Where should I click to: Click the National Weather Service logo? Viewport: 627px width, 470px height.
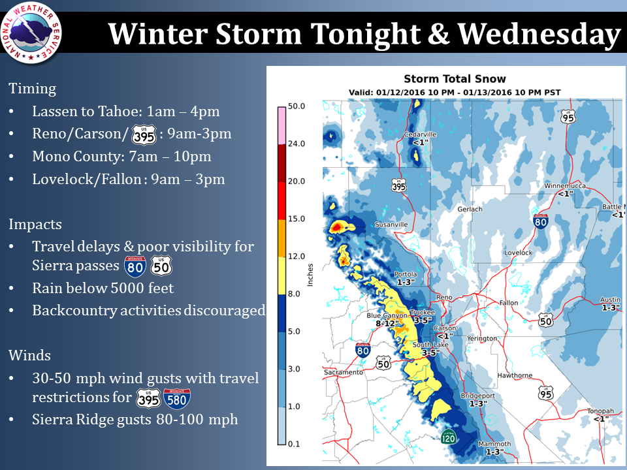point(31,33)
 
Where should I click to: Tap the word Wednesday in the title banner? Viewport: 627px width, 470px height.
point(539,34)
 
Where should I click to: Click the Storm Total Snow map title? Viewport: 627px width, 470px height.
point(455,79)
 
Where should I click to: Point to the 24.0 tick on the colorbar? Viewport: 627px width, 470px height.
point(297,144)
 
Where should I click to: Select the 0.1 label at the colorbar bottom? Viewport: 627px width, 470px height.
point(294,444)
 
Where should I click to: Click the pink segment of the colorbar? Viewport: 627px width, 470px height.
point(282,125)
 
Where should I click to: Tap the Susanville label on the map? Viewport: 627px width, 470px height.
point(391,225)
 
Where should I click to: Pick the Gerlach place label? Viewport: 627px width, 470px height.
point(470,209)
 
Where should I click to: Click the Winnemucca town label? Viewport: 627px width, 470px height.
point(564,186)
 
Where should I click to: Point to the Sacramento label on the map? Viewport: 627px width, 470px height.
point(344,373)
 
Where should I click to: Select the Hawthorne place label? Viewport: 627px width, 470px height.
point(515,375)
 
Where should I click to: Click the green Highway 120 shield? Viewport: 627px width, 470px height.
point(449,437)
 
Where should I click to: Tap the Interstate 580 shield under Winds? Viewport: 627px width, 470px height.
point(177,399)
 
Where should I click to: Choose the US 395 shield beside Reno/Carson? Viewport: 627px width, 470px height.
point(144,134)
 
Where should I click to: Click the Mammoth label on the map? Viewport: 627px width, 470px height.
point(494,444)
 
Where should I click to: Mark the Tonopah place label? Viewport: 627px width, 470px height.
point(600,411)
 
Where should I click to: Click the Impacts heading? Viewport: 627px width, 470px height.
point(35,225)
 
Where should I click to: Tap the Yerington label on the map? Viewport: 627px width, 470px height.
point(482,339)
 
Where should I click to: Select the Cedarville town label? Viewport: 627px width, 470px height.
point(420,134)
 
